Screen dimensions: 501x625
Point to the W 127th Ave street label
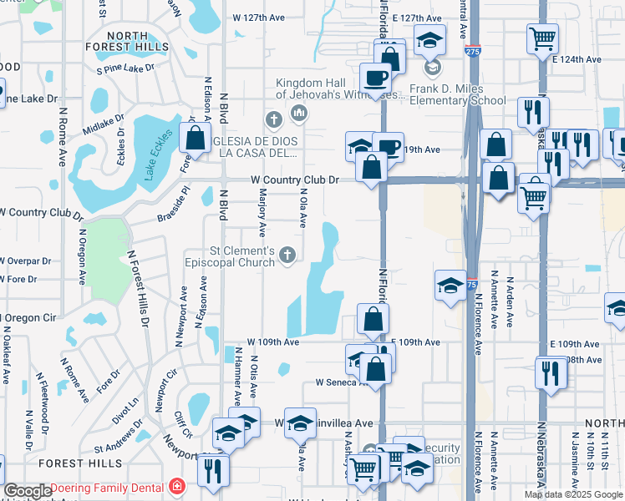(259, 17)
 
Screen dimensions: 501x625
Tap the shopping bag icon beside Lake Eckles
(195, 138)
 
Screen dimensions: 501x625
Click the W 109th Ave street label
(272, 342)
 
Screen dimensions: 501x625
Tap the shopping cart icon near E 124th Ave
(542, 38)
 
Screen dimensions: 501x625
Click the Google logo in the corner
(28, 491)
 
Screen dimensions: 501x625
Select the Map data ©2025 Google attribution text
(573, 494)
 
